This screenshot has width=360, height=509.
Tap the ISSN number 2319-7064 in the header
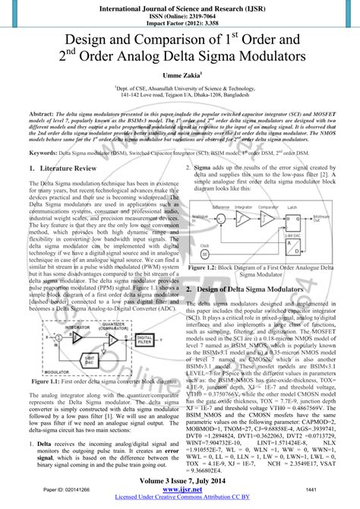tap(197, 16)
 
